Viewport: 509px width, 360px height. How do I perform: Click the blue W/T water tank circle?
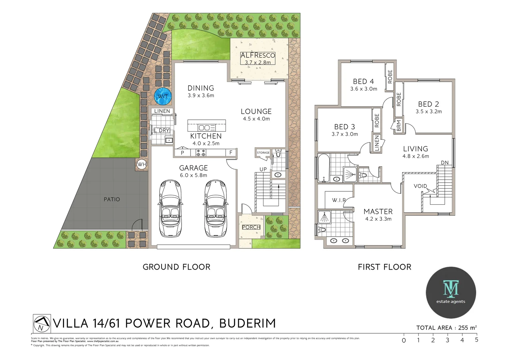click(x=163, y=96)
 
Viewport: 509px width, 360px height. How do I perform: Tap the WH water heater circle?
click(x=142, y=164)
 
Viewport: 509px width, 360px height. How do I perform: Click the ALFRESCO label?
click(x=257, y=55)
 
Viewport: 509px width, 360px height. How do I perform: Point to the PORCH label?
click(x=251, y=227)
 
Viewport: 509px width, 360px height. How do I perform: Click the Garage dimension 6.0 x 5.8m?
click(x=193, y=175)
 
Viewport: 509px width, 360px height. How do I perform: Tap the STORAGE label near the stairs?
click(x=263, y=153)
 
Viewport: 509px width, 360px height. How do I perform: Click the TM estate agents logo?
click(x=451, y=292)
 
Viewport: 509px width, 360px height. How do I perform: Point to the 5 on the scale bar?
click(x=477, y=340)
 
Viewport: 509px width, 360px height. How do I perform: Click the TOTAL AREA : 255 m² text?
click(x=446, y=328)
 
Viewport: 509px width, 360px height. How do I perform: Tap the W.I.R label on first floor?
click(x=339, y=200)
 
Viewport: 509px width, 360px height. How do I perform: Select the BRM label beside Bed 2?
click(x=399, y=126)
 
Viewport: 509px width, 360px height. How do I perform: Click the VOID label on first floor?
click(x=420, y=186)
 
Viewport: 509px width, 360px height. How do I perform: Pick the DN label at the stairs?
click(x=445, y=163)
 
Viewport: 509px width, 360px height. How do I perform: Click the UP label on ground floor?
click(x=263, y=169)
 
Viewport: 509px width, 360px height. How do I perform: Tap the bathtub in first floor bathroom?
click(x=323, y=168)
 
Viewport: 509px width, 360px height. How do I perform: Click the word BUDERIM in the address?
click(x=248, y=323)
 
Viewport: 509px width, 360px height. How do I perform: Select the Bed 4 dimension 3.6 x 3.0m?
click(x=363, y=89)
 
